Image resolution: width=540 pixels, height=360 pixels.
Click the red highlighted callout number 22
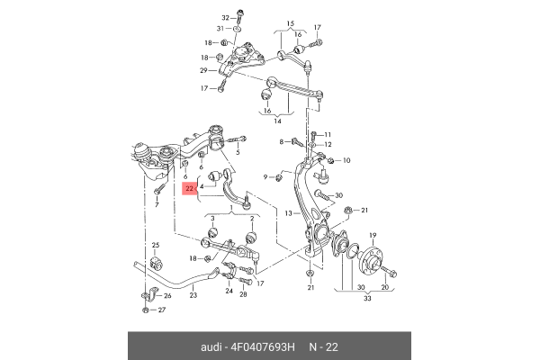coord(190,189)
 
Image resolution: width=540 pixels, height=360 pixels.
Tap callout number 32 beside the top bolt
coord(225,17)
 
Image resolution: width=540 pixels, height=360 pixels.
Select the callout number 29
coord(204,70)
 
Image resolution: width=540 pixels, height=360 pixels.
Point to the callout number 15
coord(290,24)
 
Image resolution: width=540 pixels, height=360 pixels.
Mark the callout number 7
coord(157,204)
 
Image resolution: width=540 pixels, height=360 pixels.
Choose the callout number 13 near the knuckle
coord(288,213)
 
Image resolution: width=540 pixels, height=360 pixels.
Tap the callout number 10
coord(266,176)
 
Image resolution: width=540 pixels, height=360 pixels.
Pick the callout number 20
coord(385,288)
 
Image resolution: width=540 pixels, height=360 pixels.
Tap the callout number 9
coord(266,176)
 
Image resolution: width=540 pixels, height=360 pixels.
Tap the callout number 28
coord(243,294)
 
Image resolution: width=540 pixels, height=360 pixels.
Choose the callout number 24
coord(229,292)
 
